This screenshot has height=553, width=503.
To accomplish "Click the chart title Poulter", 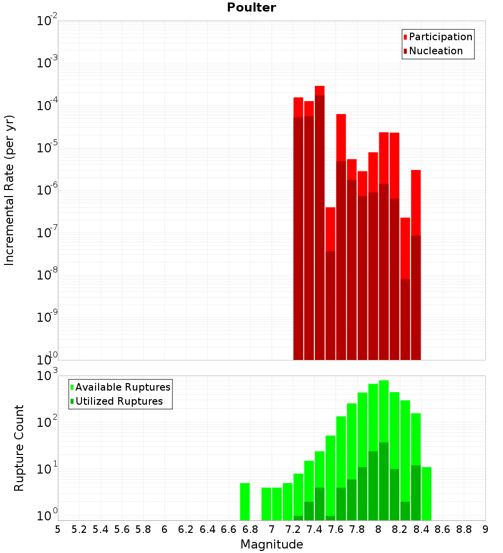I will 251,8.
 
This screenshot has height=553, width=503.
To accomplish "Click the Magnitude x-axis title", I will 272,544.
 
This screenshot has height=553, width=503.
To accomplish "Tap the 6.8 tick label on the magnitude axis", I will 250,529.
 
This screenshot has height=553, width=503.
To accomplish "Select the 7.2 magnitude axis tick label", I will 293,529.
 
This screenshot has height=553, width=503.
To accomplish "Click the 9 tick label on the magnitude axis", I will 485,529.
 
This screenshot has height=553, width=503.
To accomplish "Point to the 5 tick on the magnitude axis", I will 58,529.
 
